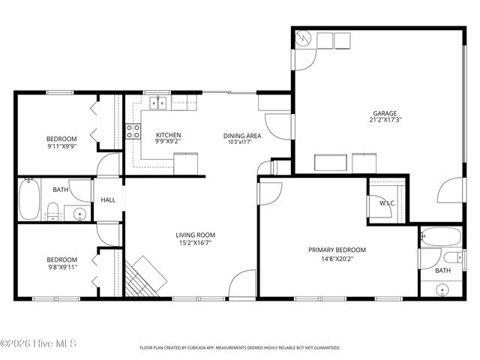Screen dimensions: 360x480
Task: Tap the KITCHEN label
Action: click(168, 135)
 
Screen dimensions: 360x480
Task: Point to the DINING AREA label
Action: click(242, 136)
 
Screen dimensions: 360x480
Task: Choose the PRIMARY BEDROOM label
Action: click(337, 250)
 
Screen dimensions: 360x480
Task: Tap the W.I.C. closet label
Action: click(387, 203)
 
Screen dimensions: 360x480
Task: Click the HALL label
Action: click(109, 200)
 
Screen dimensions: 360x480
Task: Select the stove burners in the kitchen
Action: click(133, 132)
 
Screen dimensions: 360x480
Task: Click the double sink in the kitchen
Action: click(158, 103)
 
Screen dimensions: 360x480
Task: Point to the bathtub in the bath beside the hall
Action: click(29, 199)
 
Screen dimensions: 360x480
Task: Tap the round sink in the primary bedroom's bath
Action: click(442, 289)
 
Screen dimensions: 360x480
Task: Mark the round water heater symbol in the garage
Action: click(304, 38)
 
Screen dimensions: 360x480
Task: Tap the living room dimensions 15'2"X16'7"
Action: click(194, 242)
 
